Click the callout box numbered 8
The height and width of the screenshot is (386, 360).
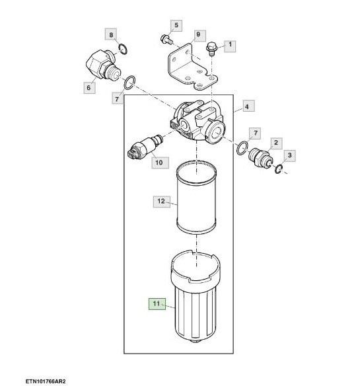(111, 34)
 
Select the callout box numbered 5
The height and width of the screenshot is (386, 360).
(176, 25)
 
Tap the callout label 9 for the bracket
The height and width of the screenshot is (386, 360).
(198, 35)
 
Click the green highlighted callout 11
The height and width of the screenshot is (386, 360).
(157, 304)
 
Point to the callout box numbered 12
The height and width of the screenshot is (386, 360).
(162, 202)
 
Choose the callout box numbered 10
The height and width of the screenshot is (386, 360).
(160, 163)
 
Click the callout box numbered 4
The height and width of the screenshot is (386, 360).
(248, 106)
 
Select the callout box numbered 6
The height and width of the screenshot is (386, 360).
(89, 88)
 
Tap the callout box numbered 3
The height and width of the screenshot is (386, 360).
(289, 155)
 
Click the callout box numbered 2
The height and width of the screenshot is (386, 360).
(276, 143)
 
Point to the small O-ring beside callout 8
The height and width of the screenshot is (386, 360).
(123, 48)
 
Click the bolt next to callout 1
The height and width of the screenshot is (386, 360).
(211, 48)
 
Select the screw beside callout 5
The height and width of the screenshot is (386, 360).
(166, 40)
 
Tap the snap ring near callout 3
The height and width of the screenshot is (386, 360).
(279, 169)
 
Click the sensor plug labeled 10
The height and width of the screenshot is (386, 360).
(145, 147)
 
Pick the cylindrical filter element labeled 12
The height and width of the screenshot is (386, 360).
(196, 197)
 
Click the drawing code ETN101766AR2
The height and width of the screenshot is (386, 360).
(46, 381)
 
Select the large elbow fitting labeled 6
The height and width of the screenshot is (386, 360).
(103, 65)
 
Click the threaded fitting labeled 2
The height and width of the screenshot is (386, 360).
(260, 157)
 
